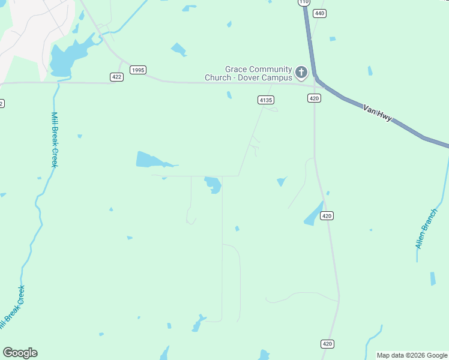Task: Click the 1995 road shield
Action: pos(137,70)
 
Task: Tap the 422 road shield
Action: pos(116,77)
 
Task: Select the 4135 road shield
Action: pos(266,100)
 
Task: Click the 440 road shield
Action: pos(319,13)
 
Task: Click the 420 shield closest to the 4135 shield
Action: pos(314,98)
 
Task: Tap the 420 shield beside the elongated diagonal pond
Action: pos(327,216)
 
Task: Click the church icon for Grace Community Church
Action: pos(301,73)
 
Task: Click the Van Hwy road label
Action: pos(378,113)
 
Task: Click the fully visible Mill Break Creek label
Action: pos(53,140)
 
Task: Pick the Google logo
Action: pos(20,353)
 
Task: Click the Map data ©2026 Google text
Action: pos(412,355)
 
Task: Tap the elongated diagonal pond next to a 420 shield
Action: pos(313,214)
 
